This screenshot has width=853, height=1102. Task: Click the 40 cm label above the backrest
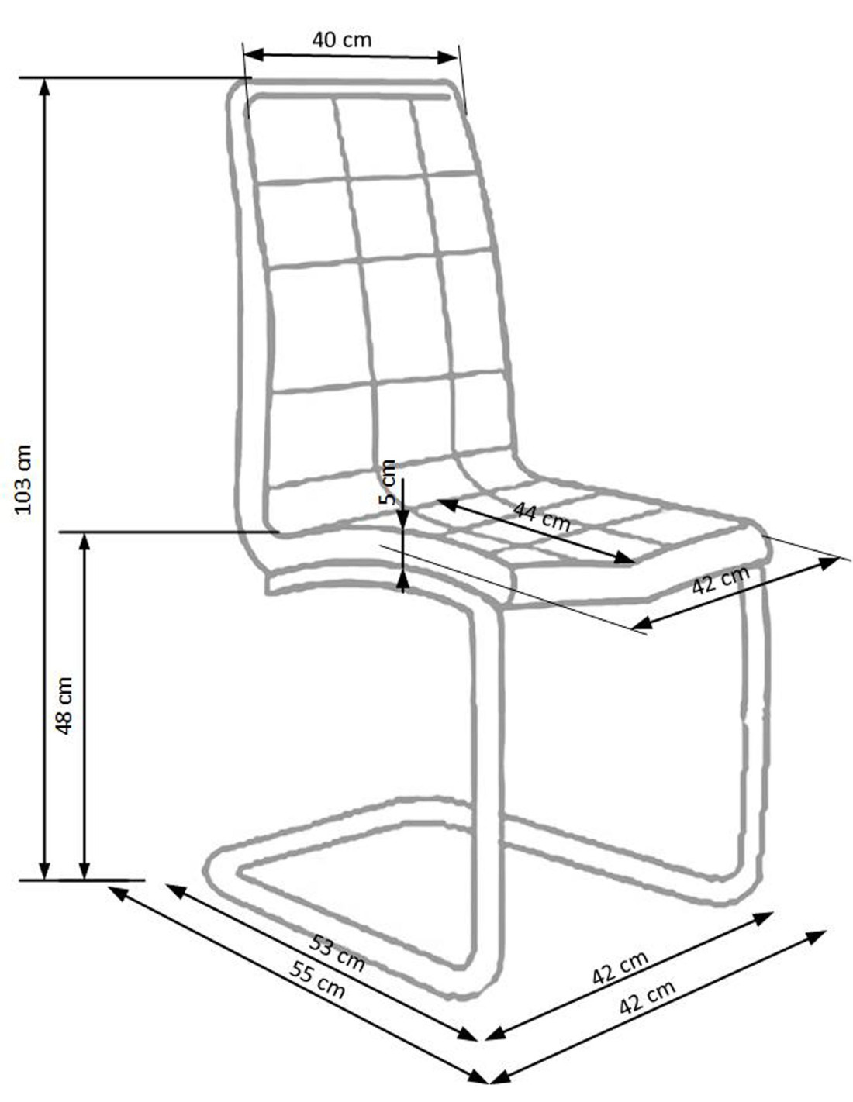point(341,40)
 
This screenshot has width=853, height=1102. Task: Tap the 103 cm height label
point(24,479)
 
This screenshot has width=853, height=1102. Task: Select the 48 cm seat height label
point(64,705)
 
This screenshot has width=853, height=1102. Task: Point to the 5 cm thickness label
point(387,482)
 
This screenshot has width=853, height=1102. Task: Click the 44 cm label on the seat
point(541,516)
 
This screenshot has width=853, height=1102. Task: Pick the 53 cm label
point(337,954)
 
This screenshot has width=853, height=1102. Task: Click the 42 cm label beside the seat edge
point(721,580)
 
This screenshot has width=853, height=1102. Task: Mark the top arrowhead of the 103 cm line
point(45,88)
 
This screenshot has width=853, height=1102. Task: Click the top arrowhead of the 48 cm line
point(85,542)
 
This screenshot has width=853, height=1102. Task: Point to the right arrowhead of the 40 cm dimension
point(447,57)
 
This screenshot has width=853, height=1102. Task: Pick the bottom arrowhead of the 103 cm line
point(45,870)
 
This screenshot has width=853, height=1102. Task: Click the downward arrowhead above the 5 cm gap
point(402,518)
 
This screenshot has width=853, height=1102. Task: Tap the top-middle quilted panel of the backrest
point(379,138)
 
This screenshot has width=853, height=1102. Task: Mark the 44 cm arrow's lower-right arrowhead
point(625,557)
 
